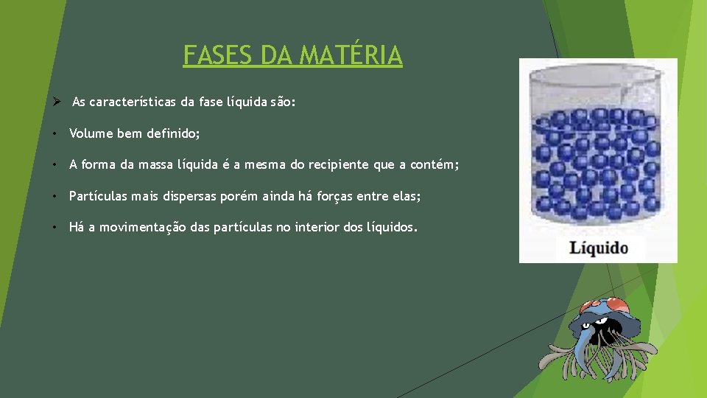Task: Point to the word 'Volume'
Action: [x=91, y=133]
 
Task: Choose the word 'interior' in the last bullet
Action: [x=317, y=227]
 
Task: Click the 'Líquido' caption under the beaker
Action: [x=598, y=248]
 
